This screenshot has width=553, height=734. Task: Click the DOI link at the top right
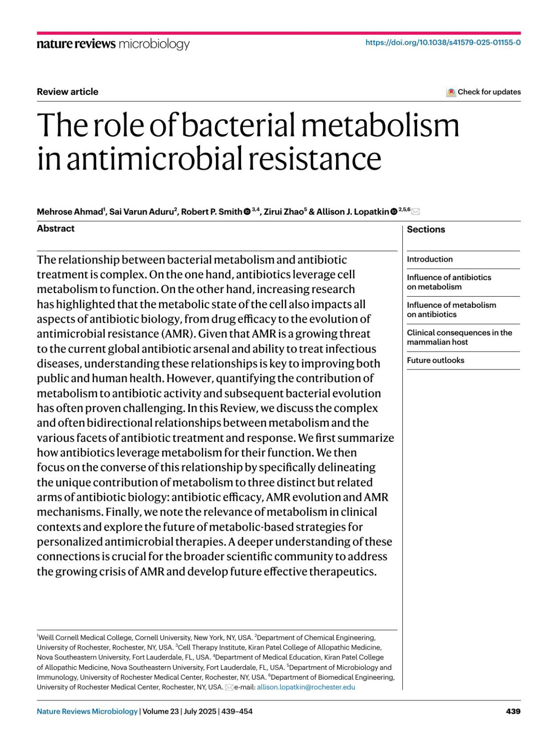coord(443,43)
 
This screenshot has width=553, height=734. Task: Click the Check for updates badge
coord(483,92)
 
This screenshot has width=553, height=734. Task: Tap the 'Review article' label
coord(67,92)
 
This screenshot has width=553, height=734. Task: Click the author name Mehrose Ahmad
coord(70,212)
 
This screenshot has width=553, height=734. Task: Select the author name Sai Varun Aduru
coord(141,212)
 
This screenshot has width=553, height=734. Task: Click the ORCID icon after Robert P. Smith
coord(247,212)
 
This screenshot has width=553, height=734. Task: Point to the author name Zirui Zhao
coord(283,212)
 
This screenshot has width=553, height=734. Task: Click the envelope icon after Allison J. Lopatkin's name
coord(416,212)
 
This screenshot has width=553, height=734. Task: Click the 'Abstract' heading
coord(56,229)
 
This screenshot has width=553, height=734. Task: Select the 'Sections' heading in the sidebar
coord(426,229)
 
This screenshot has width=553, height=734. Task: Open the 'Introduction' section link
coord(429,259)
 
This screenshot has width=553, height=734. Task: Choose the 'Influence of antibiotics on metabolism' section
coord(448,282)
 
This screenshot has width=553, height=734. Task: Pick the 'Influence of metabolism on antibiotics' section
coord(451,310)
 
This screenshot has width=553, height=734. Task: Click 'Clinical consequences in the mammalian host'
coord(459,337)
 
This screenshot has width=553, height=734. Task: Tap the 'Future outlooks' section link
coord(435,360)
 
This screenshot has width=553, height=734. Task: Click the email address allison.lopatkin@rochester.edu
coord(306,687)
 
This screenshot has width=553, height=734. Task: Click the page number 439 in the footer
coord(513,711)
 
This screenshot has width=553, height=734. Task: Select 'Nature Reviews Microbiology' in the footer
coord(87,711)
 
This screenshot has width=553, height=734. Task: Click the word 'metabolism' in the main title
coord(380,125)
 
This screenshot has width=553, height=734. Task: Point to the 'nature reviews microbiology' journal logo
coord(113,44)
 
